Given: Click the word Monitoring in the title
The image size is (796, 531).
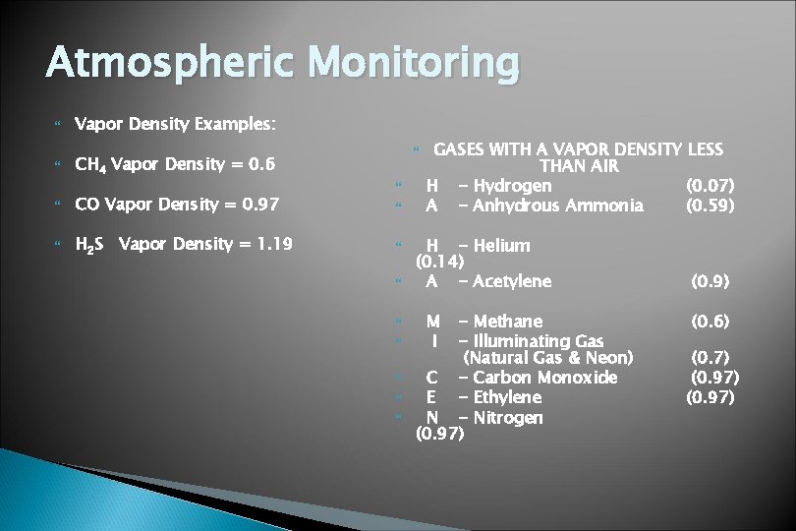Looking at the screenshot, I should coord(413,63).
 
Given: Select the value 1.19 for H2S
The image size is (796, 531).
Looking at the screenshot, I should coord(271,244).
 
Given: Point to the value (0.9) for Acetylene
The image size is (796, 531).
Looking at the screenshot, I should coord(710,281).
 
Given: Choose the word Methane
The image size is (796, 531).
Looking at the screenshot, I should coord(507,322).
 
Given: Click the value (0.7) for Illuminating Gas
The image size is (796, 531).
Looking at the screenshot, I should coord(710,358).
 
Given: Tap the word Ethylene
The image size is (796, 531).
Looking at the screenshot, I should coord(507,397).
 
